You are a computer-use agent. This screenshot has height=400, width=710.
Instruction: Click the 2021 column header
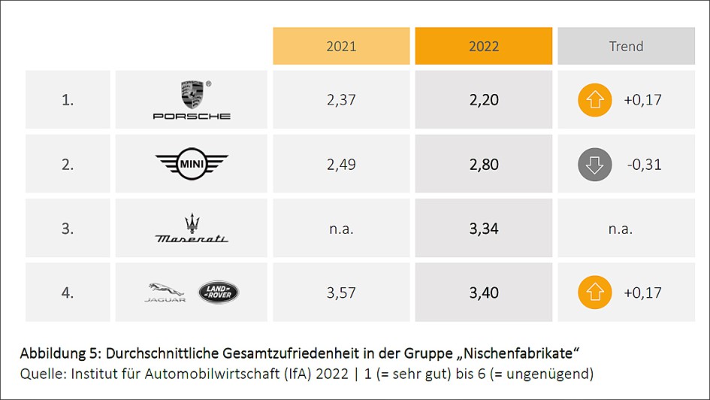(341, 47)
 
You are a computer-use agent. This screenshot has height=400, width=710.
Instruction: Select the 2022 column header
(484, 47)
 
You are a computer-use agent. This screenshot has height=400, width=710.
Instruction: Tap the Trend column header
(626, 47)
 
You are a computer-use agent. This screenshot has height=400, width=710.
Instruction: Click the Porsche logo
(192, 100)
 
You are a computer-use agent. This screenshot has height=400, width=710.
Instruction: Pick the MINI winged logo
(192, 164)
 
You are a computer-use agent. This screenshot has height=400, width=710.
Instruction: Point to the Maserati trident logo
(192, 229)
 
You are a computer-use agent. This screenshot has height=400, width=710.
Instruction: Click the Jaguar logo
(165, 292)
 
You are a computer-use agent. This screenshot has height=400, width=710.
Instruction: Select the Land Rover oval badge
(218, 292)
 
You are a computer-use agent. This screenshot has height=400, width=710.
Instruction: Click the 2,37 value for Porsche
(341, 100)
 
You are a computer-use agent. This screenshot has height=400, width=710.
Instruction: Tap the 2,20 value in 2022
(484, 100)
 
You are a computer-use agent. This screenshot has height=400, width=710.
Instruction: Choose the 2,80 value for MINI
(484, 165)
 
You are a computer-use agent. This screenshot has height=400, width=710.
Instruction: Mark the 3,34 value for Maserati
(484, 229)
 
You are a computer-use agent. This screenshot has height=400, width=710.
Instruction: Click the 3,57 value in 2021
(341, 292)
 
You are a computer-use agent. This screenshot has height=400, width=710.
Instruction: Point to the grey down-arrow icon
(594, 165)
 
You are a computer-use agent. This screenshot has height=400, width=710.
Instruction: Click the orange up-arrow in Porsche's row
(594, 100)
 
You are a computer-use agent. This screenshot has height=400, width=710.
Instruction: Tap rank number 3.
(68, 229)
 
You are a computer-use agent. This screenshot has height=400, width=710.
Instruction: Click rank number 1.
(68, 100)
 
